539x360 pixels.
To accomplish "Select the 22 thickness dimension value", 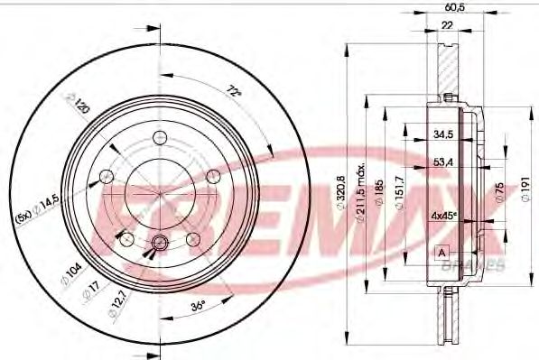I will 447,26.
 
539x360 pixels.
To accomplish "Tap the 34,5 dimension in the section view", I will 441,134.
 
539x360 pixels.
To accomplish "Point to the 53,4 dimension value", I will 441,163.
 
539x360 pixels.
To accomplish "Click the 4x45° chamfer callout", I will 443,216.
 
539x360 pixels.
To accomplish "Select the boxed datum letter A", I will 441,251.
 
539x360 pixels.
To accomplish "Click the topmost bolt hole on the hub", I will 160,137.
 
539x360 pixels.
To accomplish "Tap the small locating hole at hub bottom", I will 160,242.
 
